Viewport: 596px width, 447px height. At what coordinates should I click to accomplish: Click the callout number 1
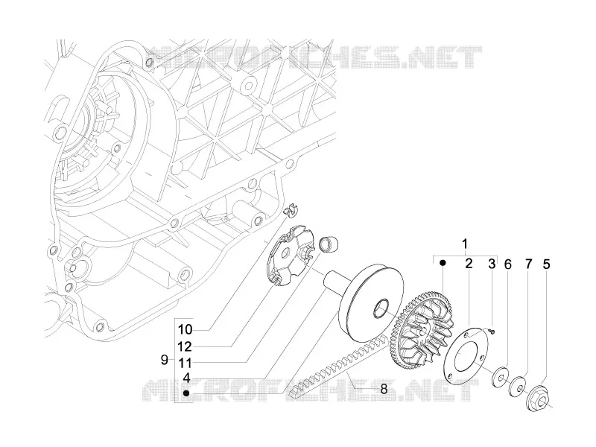464,244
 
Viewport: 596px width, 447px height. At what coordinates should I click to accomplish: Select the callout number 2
469,263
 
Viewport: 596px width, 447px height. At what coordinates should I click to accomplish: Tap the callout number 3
492,264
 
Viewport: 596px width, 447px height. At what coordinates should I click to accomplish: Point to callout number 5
546,264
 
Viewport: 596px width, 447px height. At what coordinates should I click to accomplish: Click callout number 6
508,264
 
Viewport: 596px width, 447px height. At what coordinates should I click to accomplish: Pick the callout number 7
529,264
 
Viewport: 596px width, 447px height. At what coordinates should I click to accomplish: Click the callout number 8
384,389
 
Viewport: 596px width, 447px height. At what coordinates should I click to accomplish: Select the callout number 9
164,360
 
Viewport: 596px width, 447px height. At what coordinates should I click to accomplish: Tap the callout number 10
186,329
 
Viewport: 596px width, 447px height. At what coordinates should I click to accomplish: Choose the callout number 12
186,346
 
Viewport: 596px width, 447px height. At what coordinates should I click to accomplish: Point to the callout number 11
186,363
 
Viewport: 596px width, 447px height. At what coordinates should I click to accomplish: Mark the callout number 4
186,378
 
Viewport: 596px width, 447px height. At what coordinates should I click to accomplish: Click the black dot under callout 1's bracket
443,263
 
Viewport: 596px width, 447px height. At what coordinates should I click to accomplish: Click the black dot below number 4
186,393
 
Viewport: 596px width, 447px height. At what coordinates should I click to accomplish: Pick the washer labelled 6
500,375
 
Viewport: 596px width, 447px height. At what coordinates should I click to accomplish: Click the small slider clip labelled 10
291,211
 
